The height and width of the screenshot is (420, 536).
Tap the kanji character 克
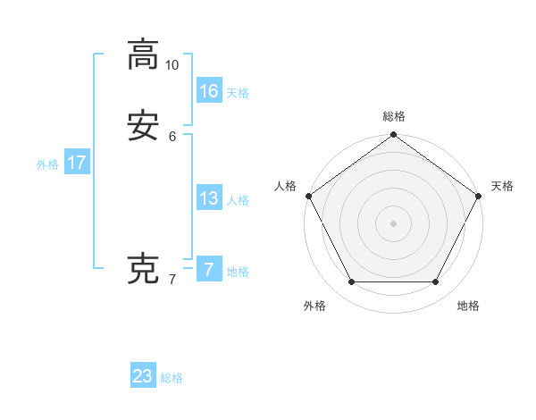click(x=142, y=269)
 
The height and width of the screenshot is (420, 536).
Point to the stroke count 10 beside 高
click(x=172, y=65)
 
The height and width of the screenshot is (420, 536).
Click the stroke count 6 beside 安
click(x=172, y=137)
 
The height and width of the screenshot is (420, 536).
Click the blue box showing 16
click(x=209, y=90)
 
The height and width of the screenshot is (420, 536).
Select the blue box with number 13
click(x=209, y=198)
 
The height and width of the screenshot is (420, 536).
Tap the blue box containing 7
click(x=209, y=270)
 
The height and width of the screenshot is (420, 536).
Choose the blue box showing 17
click(x=77, y=163)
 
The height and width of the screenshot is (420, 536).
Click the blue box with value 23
click(x=143, y=376)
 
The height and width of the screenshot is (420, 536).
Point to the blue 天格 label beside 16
click(x=238, y=93)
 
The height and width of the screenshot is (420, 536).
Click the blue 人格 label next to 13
click(x=238, y=200)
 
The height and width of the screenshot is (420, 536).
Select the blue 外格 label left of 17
click(x=47, y=164)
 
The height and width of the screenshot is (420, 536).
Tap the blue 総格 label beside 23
click(x=172, y=378)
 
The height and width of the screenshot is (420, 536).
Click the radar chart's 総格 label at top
click(x=394, y=117)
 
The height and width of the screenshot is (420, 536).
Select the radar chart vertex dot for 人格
click(x=308, y=196)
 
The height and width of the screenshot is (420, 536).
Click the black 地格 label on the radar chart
click(x=468, y=306)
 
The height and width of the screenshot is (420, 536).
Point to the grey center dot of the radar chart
click(x=394, y=223)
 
